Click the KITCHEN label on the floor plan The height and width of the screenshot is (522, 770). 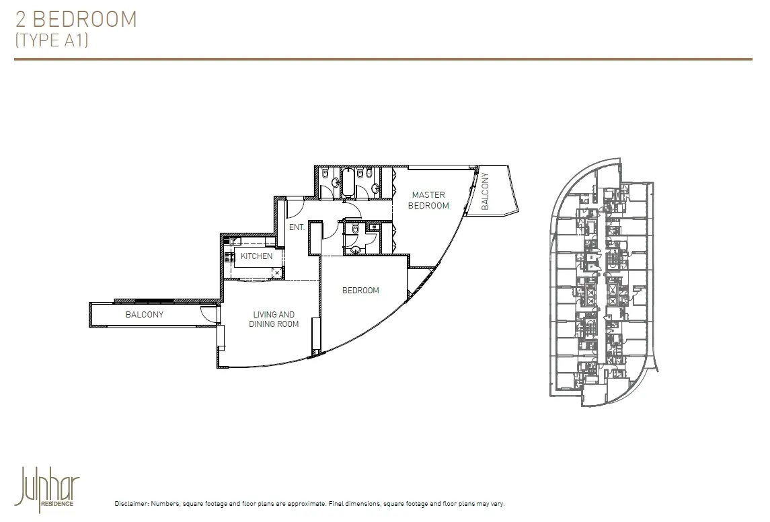pos(257,256)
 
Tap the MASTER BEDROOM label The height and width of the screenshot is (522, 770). pos(428,200)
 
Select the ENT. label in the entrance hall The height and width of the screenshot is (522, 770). pos(297,227)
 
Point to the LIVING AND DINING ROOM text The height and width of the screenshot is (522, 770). pos(274,319)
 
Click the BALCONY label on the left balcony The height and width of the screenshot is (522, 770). pos(145,314)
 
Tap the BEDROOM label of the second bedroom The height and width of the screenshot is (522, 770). pos(360,291)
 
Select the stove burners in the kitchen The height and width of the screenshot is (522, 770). pos(229,256)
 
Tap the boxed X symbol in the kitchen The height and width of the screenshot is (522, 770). pos(277,272)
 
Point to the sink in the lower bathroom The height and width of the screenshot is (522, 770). pos(356,250)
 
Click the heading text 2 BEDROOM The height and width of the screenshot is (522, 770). pos(76,19)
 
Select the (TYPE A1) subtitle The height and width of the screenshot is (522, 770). pos(51,40)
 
